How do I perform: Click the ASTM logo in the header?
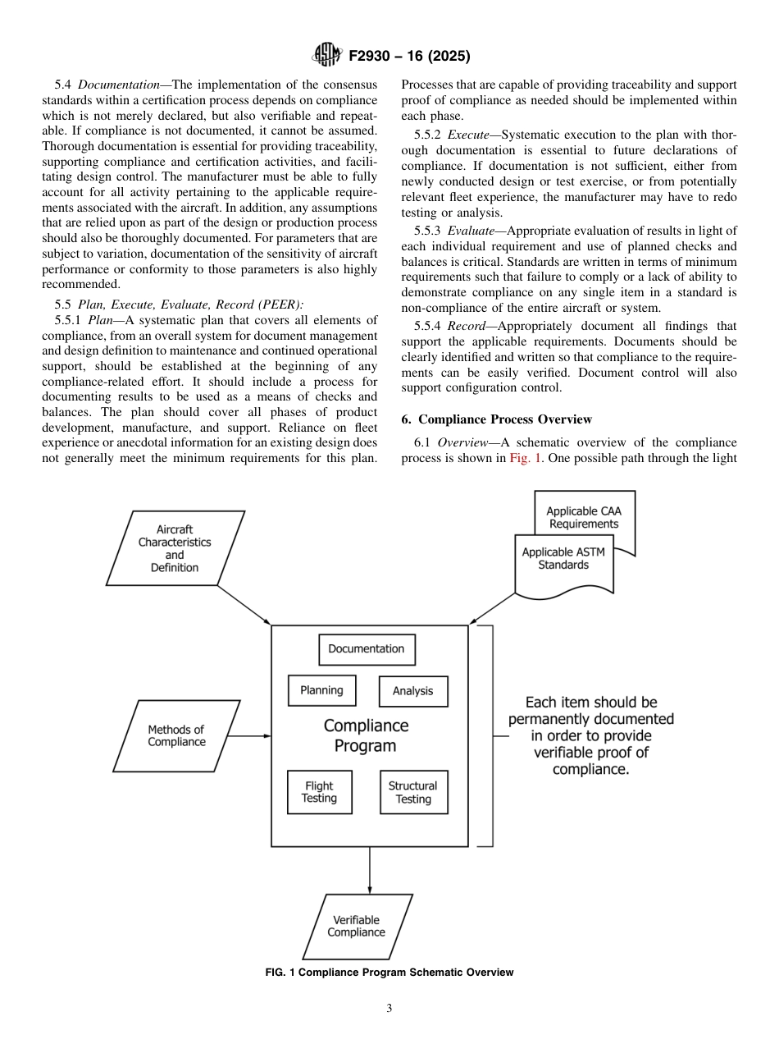click(x=327, y=57)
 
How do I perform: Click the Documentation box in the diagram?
click(x=367, y=649)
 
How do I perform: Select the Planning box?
click(x=321, y=690)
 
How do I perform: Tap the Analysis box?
click(x=412, y=691)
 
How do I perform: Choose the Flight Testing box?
click(x=319, y=792)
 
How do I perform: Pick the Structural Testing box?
click(x=413, y=792)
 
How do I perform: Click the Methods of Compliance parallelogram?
click(x=176, y=736)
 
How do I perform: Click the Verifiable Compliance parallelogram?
click(x=356, y=927)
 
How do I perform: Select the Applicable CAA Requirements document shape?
click(x=584, y=518)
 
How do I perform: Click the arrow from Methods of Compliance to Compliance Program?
click(x=249, y=736)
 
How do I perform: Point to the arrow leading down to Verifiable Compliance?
click(x=370, y=870)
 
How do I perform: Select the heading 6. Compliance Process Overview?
click(x=496, y=419)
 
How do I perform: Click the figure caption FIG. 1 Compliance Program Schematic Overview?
click(x=389, y=973)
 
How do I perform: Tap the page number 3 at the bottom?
click(x=389, y=1009)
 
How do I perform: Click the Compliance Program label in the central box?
click(x=366, y=735)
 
